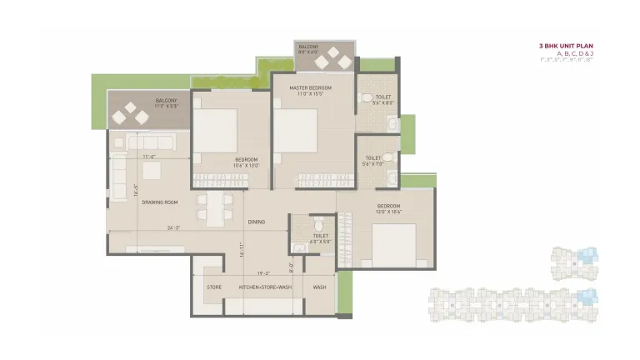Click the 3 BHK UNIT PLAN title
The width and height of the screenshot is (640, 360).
click(566, 45)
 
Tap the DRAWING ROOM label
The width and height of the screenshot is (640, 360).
click(160, 202)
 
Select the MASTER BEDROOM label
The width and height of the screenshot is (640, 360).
click(310, 87)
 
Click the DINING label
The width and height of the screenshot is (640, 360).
click(257, 222)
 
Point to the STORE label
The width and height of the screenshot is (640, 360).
click(213, 287)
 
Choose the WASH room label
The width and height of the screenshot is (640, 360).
click(319, 287)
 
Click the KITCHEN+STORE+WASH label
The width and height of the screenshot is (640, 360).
click(265, 287)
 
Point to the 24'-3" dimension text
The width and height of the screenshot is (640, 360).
click(173, 227)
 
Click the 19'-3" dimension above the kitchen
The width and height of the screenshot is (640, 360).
click(263, 272)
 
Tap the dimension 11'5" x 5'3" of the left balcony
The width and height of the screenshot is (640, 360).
click(166, 107)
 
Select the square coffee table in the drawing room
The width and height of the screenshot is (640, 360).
click(151, 170)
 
